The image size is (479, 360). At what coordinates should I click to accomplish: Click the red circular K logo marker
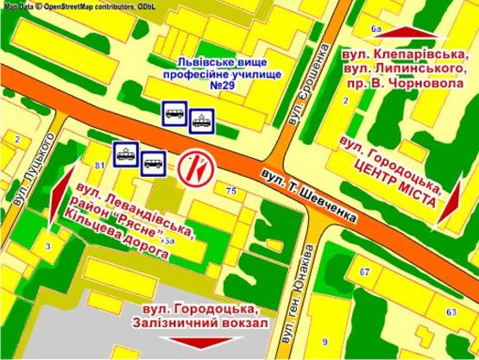coord(194,167)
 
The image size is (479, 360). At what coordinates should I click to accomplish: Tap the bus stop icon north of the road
coord(173,112)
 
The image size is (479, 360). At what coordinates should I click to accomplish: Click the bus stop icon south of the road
coord(154,161)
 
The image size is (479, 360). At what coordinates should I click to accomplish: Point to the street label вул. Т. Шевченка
coord(308,194)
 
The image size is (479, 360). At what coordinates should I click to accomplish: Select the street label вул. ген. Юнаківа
coord(307,264)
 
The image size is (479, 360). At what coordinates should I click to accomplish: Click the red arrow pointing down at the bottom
coord(211,341)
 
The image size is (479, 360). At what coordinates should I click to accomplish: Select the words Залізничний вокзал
coord(206,322)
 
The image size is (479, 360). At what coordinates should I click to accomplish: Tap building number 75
coord(230,190)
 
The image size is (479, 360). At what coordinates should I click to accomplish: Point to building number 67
coord(364,273)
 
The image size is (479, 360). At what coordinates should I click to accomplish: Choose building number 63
coord(451,312)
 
